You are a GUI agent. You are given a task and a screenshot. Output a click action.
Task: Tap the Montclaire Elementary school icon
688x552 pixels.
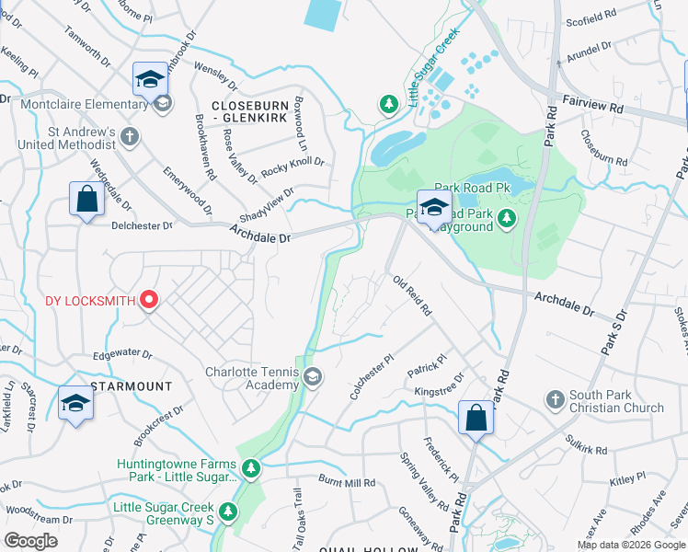tap(150, 80)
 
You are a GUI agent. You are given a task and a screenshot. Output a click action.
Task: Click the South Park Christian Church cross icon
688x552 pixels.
tap(555, 399)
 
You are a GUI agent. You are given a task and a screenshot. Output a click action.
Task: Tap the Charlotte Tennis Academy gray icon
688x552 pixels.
tap(314, 377)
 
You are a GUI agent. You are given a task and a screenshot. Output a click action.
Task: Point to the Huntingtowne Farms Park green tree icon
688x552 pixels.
tap(251, 469)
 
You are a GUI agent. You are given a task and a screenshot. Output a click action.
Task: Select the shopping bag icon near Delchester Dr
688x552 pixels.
tap(86, 199)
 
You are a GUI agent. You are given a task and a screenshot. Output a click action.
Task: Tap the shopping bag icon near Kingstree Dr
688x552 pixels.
tap(476, 419)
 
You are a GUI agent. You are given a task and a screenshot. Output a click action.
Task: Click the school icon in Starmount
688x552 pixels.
tap(75, 403)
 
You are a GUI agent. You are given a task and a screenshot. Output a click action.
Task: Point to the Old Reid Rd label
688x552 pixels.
tap(412, 296)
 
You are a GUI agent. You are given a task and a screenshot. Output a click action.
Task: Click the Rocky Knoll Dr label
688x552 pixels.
tap(292, 167)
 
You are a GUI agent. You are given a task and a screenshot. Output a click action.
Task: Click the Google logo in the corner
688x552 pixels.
tap(31, 541)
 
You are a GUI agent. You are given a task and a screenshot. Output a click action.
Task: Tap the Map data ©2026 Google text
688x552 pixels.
tap(631, 545)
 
